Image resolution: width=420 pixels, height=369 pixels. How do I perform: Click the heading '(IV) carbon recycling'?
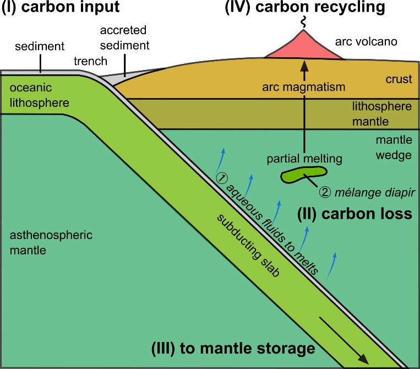pos(304,9)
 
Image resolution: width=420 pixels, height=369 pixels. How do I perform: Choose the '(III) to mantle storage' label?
pos(233,348)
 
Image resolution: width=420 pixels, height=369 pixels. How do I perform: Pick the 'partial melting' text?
pos(304,159)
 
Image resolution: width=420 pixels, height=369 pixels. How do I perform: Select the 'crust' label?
pos(399,80)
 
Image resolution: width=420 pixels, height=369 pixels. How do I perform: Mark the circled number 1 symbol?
pos(219,178)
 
